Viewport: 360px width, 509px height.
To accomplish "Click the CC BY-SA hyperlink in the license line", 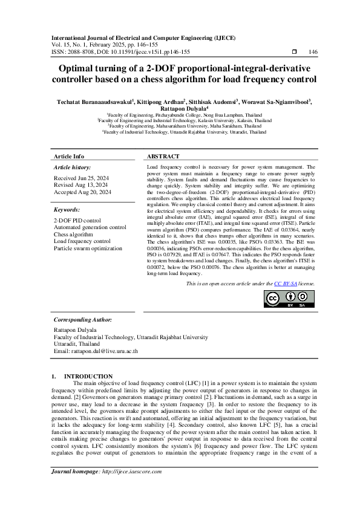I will [x=285, y=283].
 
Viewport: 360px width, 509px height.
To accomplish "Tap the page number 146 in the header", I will [x=313, y=52].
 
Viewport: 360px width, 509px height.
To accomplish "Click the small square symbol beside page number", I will [x=294, y=52].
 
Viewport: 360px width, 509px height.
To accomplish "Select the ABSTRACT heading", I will [x=163, y=156].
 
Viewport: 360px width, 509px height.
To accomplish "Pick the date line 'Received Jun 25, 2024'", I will [x=82, y=178].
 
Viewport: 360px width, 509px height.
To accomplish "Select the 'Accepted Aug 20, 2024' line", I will [x=82, y=192].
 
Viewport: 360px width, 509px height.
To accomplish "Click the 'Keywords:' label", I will [x=67, y=209].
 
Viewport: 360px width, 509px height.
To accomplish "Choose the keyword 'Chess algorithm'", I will [x=73, y=234].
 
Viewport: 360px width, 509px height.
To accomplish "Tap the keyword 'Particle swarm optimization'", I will [x=88, y=248].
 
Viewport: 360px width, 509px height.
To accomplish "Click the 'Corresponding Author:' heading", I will [x=83, y=319].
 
